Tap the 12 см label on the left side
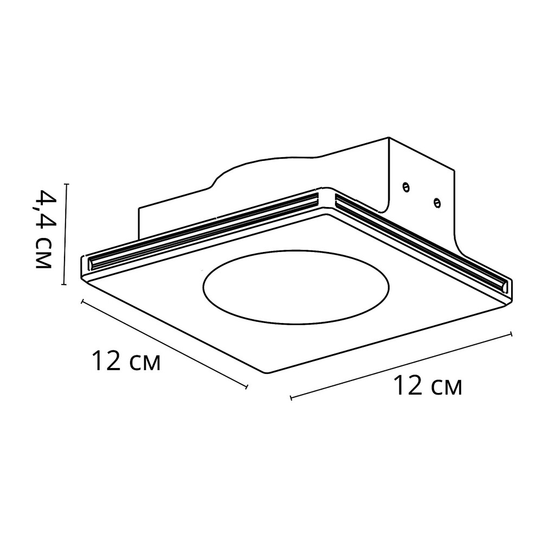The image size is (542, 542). click(126, 360)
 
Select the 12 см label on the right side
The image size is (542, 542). click(428, 385)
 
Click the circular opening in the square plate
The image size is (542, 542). click(297, 288)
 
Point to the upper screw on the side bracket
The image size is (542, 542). click(406, 188)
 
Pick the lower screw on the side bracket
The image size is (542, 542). click(437, 203)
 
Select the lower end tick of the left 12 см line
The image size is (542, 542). click(247, 387)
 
